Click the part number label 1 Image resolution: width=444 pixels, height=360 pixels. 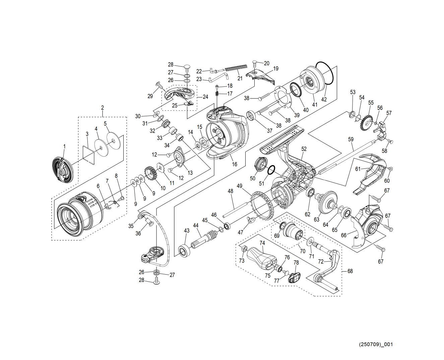(x=64, y=146)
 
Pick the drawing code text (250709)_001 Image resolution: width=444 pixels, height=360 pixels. (x=376, y=344)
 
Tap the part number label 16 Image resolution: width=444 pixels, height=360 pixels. (x=235, y=164)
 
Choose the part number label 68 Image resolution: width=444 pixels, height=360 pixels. (x=350, y=271)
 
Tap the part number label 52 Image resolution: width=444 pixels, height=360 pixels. (x=304, y=149)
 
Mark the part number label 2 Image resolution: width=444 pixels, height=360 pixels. (x=103, y=107)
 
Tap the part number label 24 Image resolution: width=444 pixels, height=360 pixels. (x=205, y=97)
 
